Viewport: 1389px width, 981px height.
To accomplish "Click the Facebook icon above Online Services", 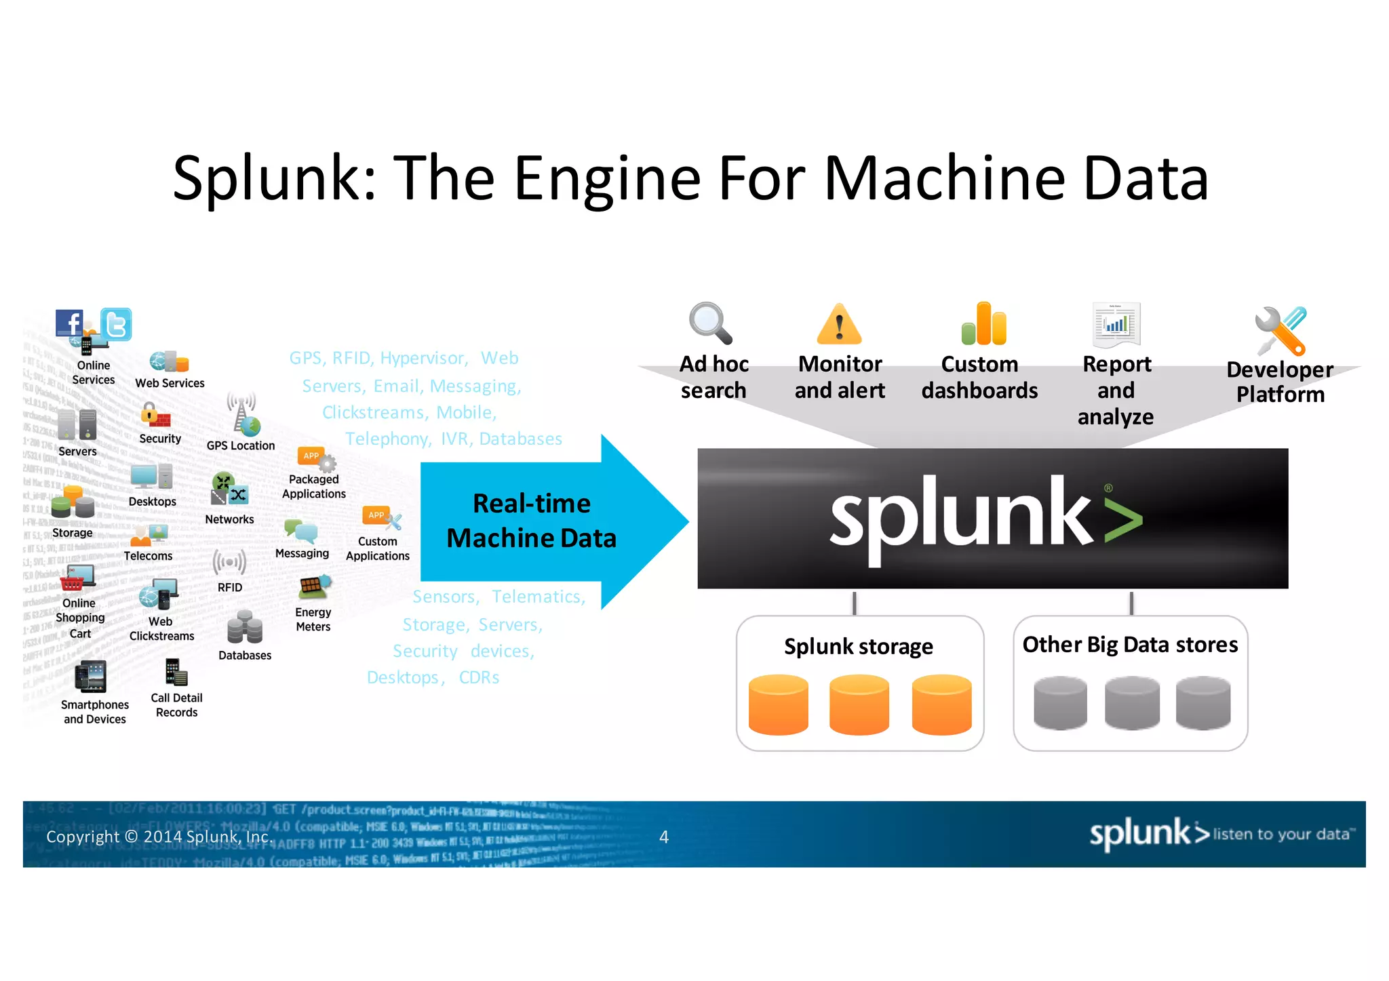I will [69, 323].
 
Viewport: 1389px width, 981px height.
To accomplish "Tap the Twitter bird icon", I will [116, 325].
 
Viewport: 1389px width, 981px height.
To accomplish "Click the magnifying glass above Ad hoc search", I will [709, 323].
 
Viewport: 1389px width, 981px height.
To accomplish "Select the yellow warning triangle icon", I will [839, 325].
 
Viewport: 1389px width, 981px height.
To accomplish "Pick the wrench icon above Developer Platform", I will [1280, 331].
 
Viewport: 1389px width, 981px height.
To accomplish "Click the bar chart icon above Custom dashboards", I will [983, 324].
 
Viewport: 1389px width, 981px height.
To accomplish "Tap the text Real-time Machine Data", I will [531, 521].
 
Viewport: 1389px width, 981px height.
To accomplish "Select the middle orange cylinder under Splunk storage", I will [859, 704].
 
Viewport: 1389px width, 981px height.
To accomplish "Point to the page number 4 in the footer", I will [664, 837].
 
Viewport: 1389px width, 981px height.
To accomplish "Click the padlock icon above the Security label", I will [150, 413].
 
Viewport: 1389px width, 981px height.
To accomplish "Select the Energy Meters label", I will [313, 620].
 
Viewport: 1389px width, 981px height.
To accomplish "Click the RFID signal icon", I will [229, 562].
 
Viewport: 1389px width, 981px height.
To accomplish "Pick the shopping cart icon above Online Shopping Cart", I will [73, 582].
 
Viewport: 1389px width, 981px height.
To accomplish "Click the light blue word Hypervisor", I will [423, 358].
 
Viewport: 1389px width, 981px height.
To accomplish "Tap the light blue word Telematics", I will [538, 597].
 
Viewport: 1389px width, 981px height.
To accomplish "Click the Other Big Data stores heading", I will [1130, 645].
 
